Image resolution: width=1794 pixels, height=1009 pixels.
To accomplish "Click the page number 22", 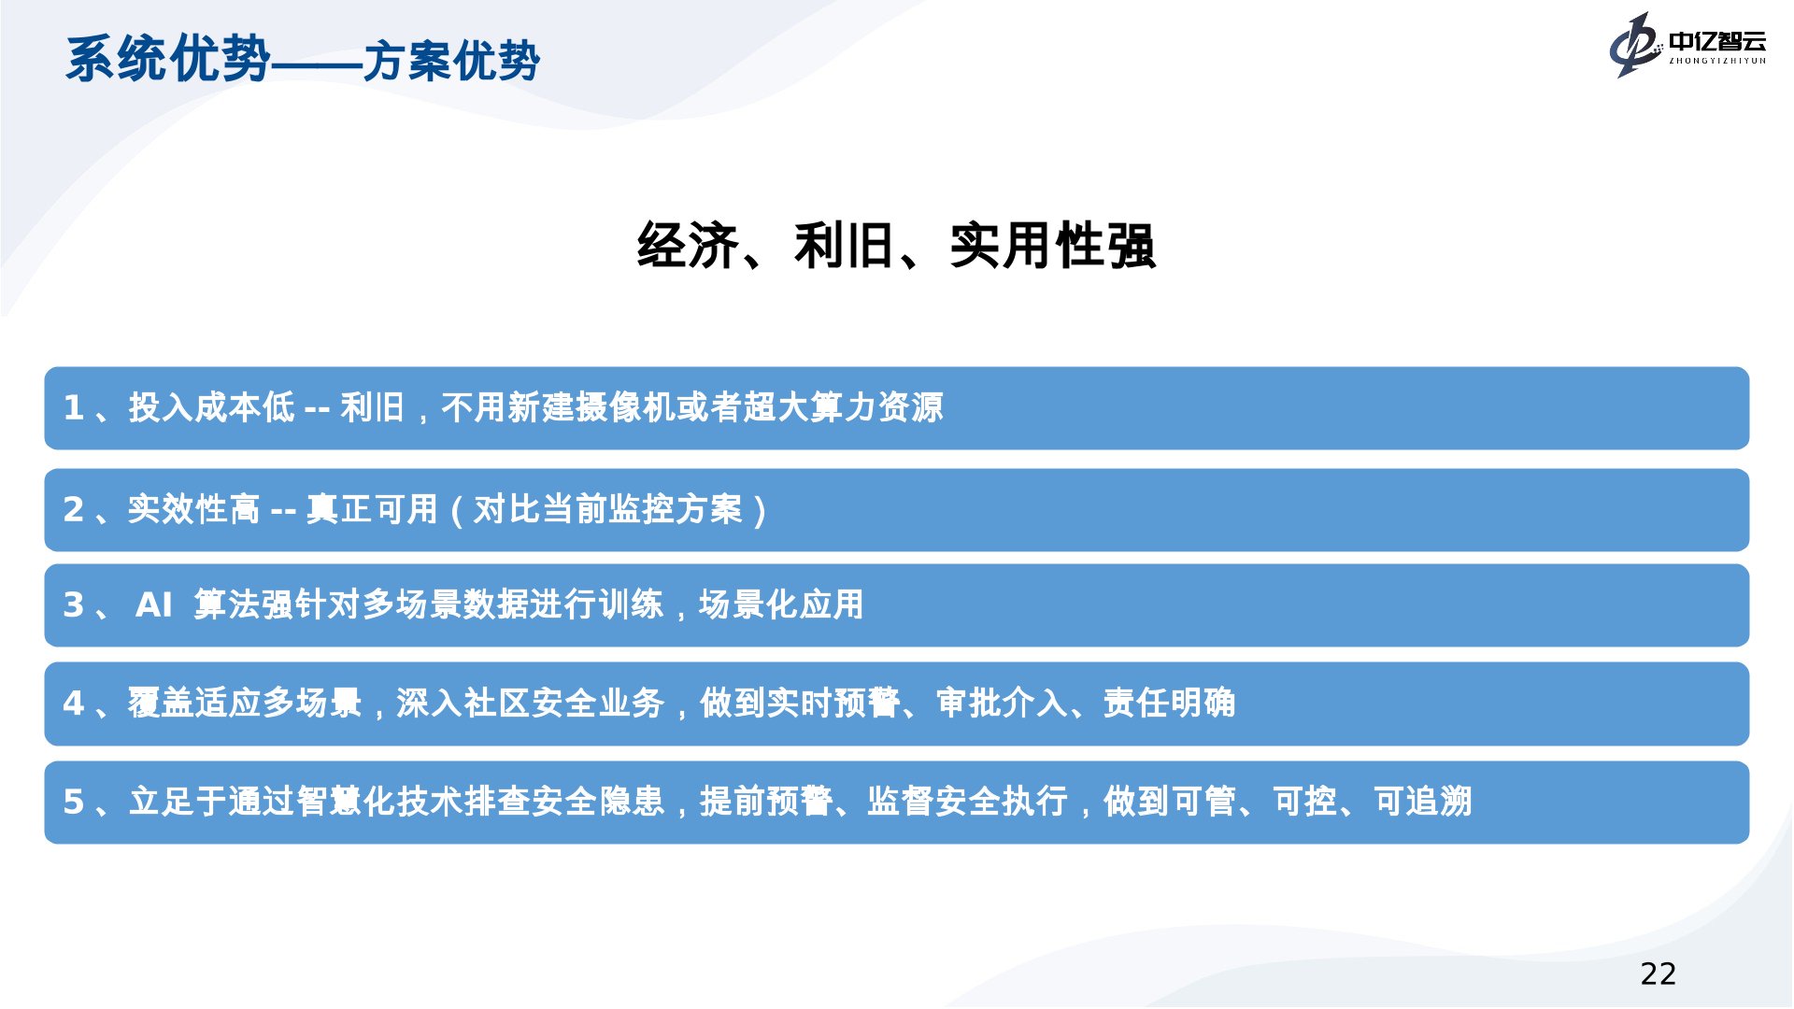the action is [x=1658, y=973].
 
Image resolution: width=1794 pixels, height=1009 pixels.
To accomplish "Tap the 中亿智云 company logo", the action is [x=1687, y=44].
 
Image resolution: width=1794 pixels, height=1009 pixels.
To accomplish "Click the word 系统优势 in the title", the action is [x=168, y=59].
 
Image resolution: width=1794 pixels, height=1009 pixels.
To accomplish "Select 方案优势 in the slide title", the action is [x=452, y=62].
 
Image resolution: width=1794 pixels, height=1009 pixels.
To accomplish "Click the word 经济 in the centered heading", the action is [x=688, y=246].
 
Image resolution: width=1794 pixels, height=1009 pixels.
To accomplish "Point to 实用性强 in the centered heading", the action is [x=1053, y=246].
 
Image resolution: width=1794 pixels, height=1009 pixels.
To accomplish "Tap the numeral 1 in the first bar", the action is [x=74, y=407].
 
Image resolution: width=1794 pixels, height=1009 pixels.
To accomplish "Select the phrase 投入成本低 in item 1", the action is [x=212, y=407].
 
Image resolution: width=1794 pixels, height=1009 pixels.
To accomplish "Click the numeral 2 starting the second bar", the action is [x=74, y=509].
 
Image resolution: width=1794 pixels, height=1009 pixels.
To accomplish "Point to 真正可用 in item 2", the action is [x=372, y=509].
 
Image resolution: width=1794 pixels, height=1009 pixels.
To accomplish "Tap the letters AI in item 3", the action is [x=154, y=604].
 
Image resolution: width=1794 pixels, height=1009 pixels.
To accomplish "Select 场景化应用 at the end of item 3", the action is [x=781, y=604].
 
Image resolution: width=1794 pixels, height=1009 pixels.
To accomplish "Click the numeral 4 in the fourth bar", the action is [x=74, y=703].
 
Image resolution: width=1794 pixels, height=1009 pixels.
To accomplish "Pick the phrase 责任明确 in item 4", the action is [x=1169, y=703].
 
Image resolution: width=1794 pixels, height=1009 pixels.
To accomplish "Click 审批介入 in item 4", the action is [x=1003, y=703].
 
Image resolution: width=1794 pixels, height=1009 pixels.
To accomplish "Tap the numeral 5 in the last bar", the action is [x=74, y=802].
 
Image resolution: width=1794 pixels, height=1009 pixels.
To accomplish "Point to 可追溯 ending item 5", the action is [x=1423, y=801].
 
